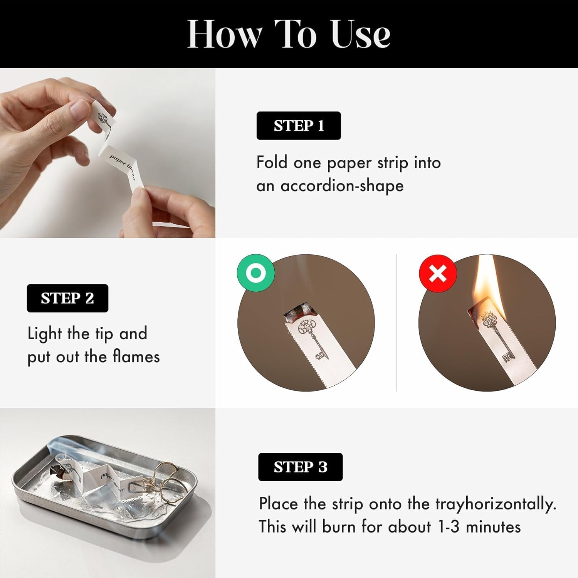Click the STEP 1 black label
(x=299, y=126)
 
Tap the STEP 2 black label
(x=67, y=298)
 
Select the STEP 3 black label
(x=301, y=467)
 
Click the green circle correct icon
(x=256, y=273)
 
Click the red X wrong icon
(x=438, y=274)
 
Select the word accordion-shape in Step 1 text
(x=342, y=186)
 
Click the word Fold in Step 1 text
(x=272, y=162)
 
